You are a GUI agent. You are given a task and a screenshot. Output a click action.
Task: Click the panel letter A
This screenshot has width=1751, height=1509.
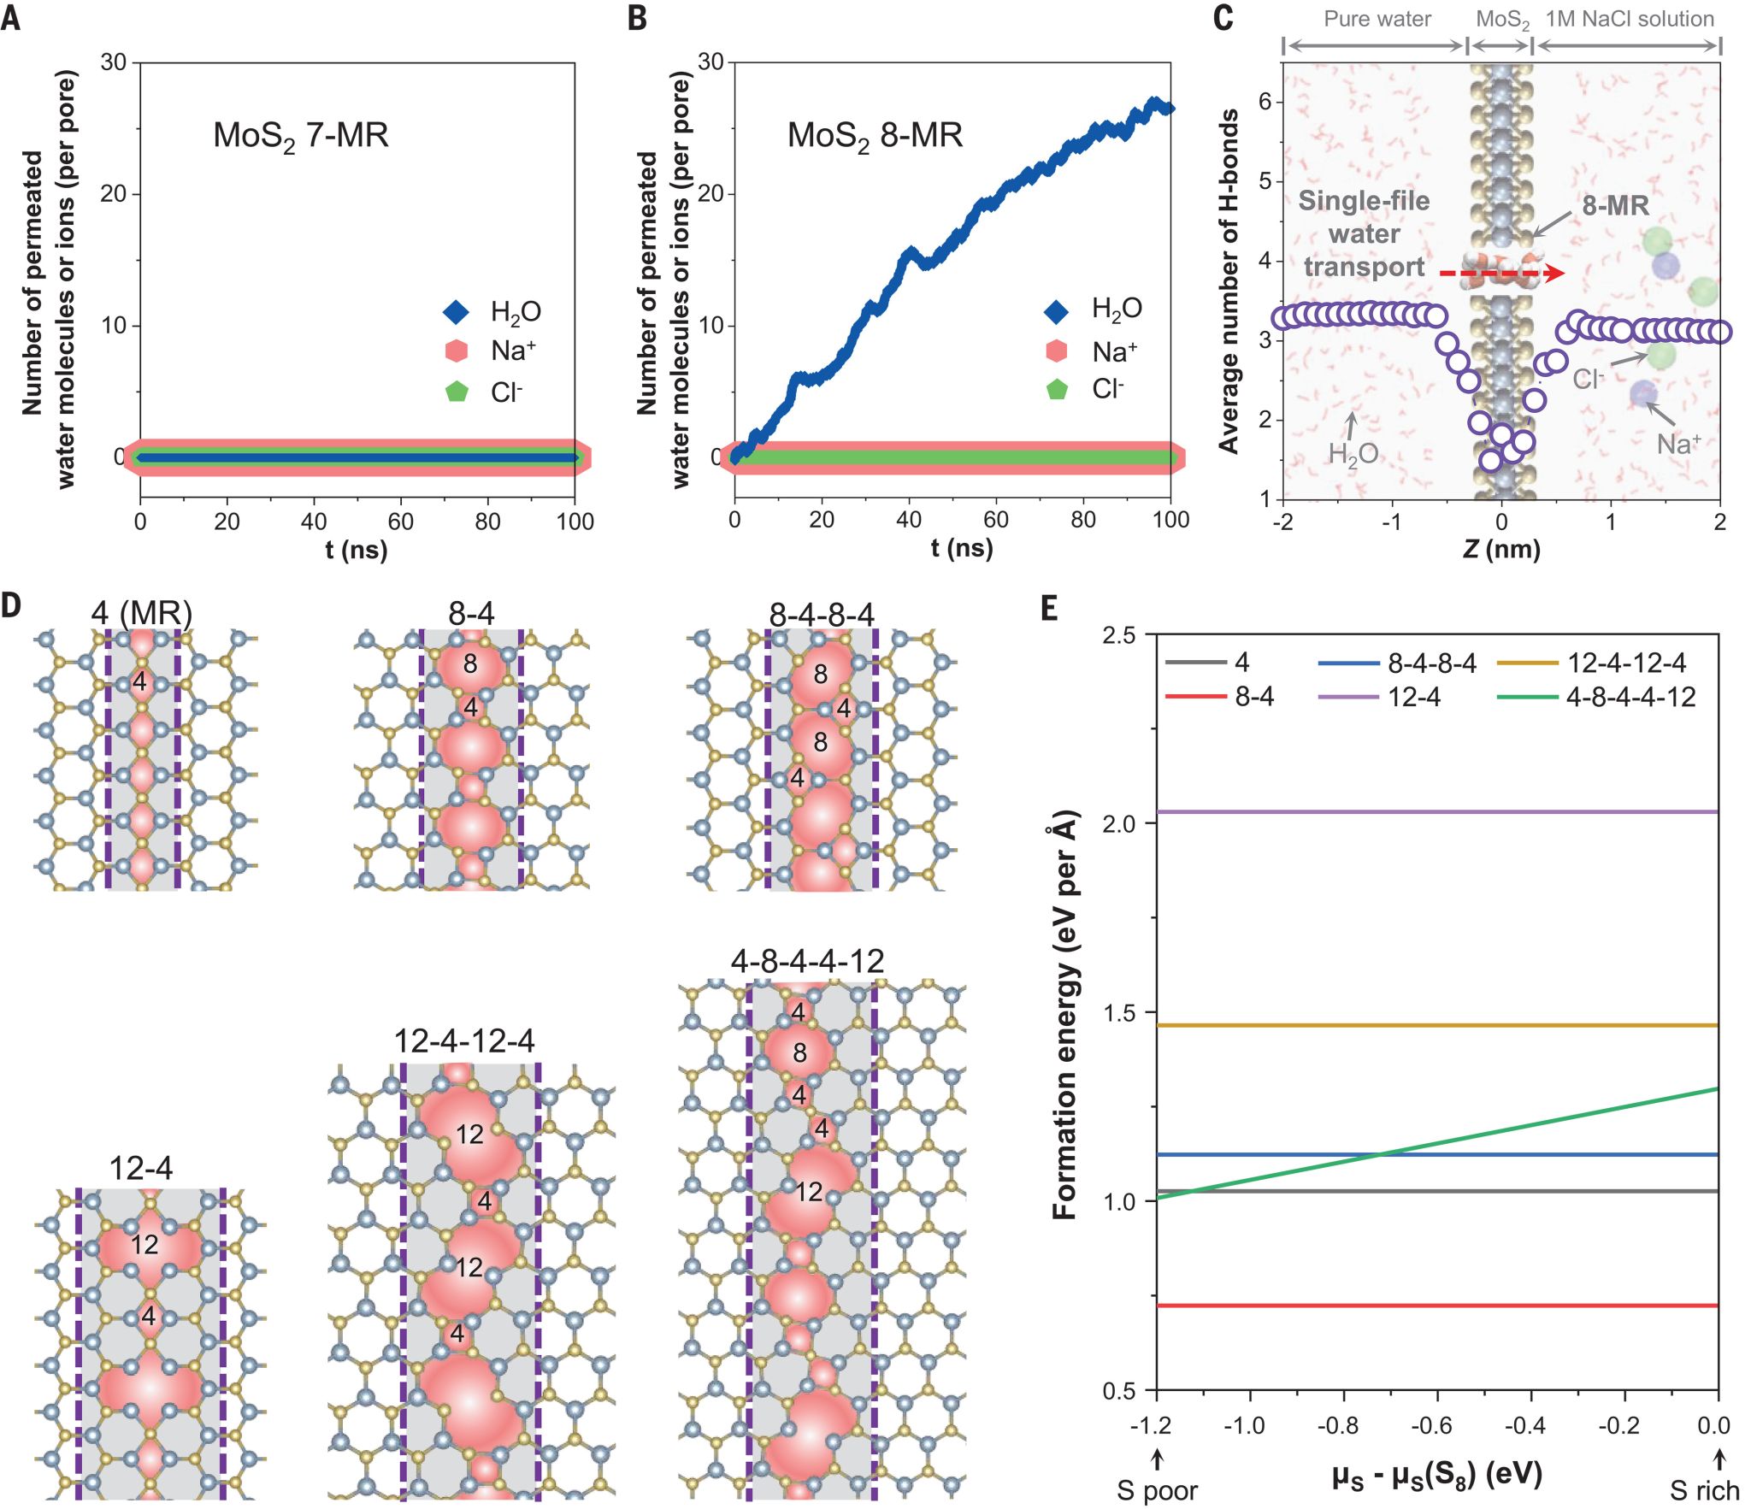coord(11,18)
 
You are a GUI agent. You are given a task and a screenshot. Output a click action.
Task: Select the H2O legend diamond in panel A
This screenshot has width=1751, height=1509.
coord(457,312)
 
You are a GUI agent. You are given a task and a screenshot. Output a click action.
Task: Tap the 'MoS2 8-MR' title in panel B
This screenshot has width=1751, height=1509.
coord(875,136)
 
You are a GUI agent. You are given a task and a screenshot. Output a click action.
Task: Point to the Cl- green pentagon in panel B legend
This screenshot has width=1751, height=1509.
coord(1058,389)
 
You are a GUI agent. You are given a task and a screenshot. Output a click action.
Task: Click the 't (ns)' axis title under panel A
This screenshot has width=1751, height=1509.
coord(356,549)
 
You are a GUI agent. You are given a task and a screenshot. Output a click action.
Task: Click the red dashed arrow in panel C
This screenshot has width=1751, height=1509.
coord(1502,274)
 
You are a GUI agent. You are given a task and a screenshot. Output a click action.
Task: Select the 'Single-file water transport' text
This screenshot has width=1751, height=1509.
coord(1364,233)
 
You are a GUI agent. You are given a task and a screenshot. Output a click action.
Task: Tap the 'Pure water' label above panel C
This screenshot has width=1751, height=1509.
coord(1377,19)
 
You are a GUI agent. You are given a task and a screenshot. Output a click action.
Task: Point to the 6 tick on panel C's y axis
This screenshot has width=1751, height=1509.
coord(1265,102)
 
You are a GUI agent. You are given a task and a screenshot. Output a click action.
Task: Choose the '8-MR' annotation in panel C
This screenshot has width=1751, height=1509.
coord(1615,205)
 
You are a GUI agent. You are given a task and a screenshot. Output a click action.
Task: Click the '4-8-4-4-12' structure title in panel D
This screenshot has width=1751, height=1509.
coord(806,962)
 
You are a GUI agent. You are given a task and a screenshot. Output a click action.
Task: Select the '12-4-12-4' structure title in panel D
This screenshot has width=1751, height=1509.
coord(464,1040)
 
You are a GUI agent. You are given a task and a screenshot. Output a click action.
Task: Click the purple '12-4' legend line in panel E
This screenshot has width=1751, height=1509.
coord(1348,697)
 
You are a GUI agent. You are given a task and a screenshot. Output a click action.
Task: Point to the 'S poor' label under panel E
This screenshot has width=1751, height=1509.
coord(1157,1490)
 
